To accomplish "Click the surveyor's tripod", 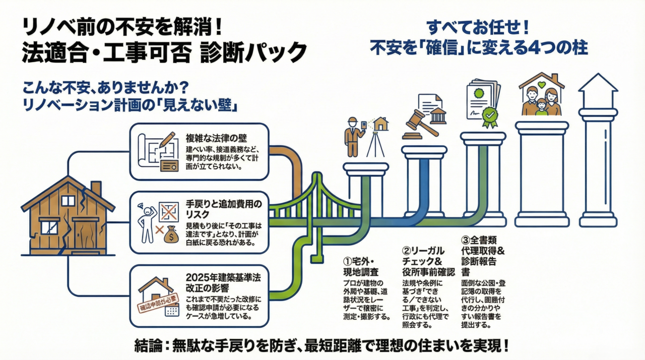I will point(375,144).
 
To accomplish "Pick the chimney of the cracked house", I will point(95,188).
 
